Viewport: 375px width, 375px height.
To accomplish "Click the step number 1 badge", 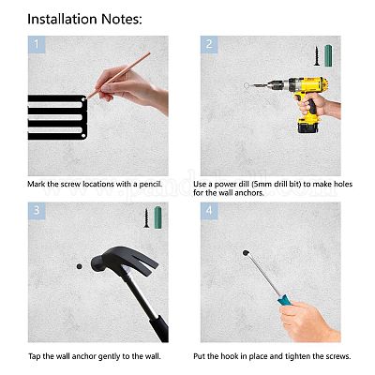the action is pos(37,44).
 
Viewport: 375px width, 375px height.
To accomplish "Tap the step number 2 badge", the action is pos(209,44).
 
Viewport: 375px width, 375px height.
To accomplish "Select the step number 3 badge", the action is pos(37,211).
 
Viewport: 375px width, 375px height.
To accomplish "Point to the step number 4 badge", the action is pos(209,211).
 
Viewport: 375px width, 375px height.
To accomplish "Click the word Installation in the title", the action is pos(63,19).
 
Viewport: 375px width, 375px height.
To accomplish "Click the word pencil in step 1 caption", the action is pos(151,184).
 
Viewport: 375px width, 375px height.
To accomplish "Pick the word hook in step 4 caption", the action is pos(229,356).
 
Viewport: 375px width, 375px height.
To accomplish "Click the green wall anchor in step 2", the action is pos(328,56).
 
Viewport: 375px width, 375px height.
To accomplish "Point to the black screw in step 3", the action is pos(146,217).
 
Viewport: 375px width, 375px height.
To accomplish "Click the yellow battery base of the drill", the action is pos(307,126).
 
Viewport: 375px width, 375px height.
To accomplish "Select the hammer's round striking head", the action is pos(99,263).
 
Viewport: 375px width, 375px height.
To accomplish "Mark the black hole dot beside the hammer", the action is pos(80,266).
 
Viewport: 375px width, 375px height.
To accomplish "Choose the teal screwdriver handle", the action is pos(284,301).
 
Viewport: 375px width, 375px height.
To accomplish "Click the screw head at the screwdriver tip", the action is pos(246,253).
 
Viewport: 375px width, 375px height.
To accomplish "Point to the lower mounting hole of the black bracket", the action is pos(83,136).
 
